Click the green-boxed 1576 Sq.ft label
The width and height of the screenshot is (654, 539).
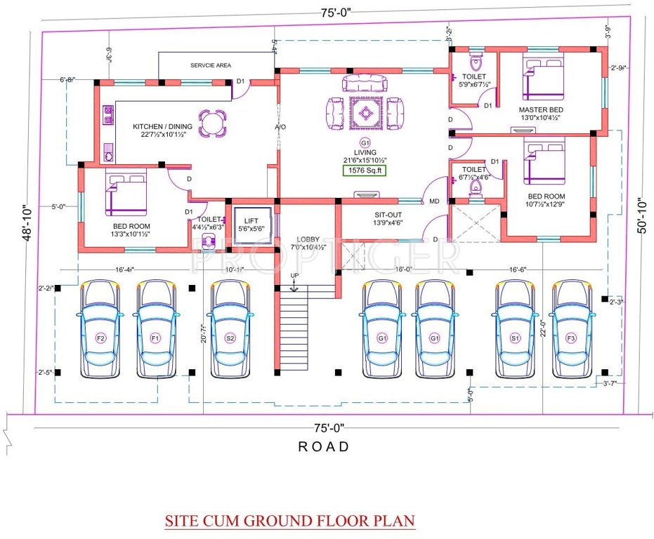tap(365, 170)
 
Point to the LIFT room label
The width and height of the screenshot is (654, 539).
tap(251, 221)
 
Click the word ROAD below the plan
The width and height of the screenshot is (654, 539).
tap(324, 446)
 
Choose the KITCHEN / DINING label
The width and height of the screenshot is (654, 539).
tap(163, 127)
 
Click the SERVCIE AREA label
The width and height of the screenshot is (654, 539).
tap(211, 65)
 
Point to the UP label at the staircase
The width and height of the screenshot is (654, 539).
tap(294, 274)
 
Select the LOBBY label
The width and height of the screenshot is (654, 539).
tap(308, 239)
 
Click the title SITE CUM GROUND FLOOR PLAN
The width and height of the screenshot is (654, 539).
tap(289, 521)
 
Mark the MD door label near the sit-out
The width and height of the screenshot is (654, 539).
tap(434, 201)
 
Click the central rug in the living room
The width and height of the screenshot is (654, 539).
tap(365, 112)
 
